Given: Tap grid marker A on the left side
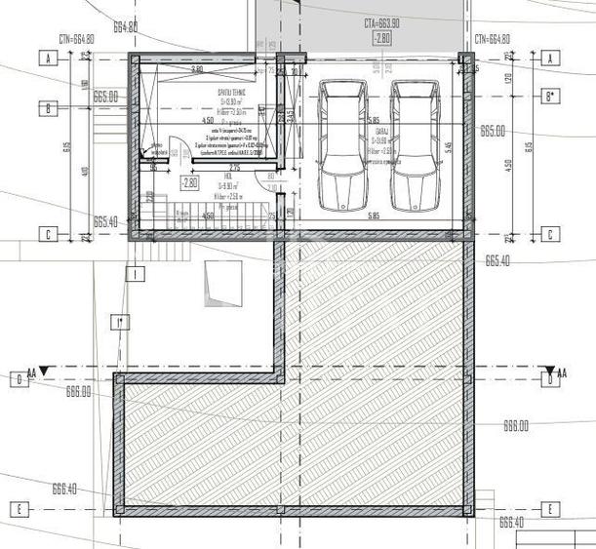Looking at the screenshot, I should point(46,59).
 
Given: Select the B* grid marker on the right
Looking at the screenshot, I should point(551,96).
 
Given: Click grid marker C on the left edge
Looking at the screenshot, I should point(46,234).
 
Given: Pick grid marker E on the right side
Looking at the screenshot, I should point(550,509).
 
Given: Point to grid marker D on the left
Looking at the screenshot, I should point(17,378).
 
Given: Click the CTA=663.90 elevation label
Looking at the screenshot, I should point(383,21).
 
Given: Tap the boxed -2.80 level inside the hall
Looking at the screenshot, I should point(190,181).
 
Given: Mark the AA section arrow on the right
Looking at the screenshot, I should point(559,372).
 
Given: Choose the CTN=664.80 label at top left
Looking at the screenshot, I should point(76,39).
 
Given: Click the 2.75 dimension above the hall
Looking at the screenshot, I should point(234,169).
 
